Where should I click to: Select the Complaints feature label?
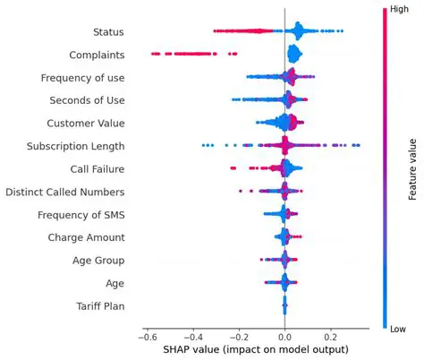pyautogui.click(x=94, y=55)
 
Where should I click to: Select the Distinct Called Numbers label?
pyautogui.click(x=64, y=192)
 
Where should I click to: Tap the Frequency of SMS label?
pyautogui.click(x=81, y=215)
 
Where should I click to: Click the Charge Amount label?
pyautogui.click(x=86, y=237)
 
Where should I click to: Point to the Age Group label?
pyautogui.click(x=98, y=261)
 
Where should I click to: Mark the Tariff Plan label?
pyautogui.click(x=100, y=306)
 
